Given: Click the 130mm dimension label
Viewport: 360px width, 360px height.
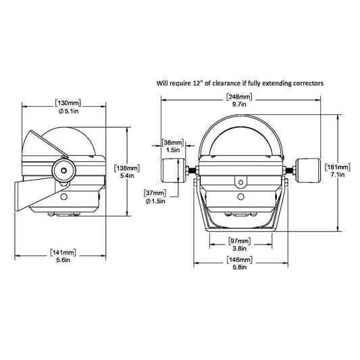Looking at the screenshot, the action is click(x=68, y=103).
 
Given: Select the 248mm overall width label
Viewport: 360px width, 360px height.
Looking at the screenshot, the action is click(x=239, y=97).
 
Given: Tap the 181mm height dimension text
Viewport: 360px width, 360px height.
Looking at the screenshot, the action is click(x=338, y=167).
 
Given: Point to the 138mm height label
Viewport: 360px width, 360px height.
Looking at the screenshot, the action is click(x=127, y=168).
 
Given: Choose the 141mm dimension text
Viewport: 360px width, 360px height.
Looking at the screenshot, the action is click(x=63, y=253).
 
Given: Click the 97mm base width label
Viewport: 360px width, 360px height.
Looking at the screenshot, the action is click(x=240, y=241).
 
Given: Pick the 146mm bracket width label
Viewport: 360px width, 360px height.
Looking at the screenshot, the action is click(x=240, y=260).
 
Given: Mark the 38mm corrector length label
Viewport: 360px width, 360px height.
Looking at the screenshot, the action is click(x=173, y=143).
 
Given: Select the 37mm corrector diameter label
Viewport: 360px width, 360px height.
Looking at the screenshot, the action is click(x=155, y=193).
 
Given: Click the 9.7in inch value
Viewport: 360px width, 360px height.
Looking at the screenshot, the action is click(x=239, y=105).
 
